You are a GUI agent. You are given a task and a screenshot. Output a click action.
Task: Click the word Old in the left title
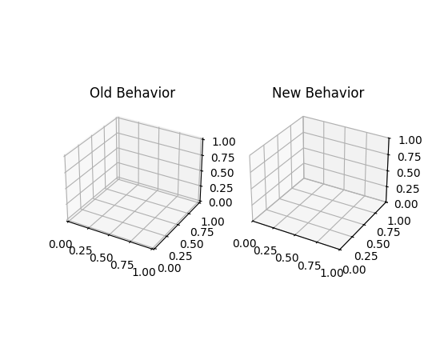pyautogui.click(x=100, y=93)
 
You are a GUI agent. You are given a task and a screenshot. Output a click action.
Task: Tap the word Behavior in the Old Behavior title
pyautogui.click(x=144, y=93)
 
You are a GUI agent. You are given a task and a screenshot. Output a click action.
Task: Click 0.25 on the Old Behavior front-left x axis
pyautogui.click(x=80, y=250)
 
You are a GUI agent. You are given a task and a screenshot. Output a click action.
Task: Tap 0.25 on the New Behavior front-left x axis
pyautogui.click(x=266, y=250)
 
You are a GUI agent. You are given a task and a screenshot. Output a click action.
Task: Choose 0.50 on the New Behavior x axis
pyautogui.click(x=286, y=258)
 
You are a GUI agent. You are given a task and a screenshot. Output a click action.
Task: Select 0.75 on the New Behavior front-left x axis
pyautogui.click(x=308, y=265)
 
